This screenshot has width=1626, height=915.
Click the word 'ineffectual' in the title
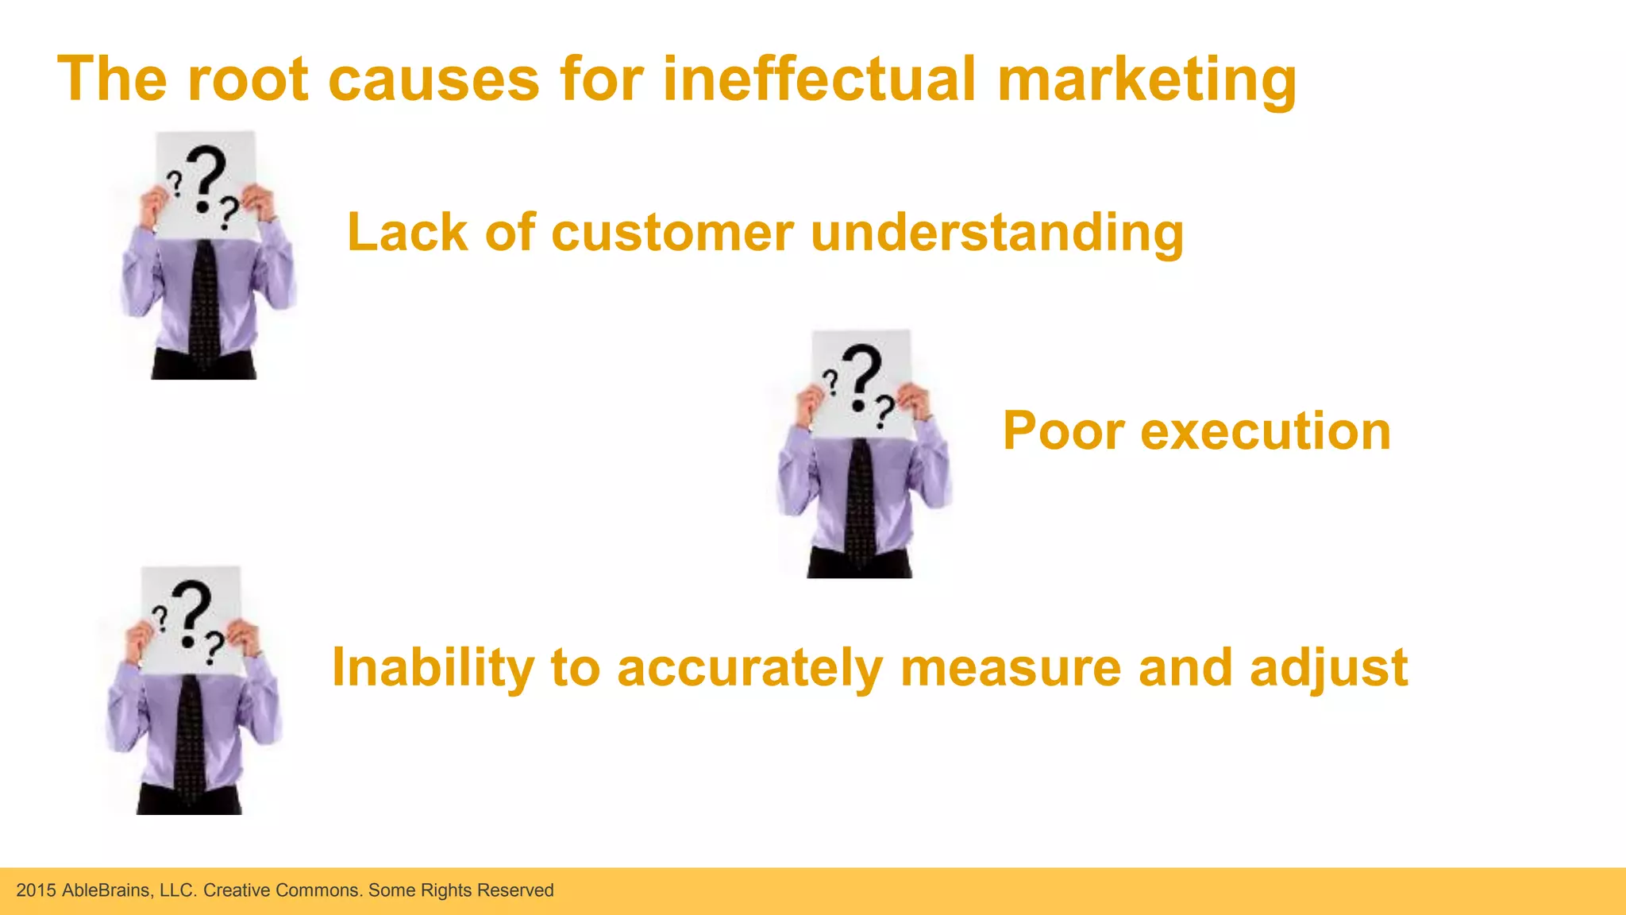click(x=819, y=79)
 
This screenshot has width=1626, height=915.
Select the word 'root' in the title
click(x=248, y=79)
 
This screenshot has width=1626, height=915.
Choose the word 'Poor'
click(x=1063, y=431)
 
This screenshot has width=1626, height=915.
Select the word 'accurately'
click(x=749, y=668)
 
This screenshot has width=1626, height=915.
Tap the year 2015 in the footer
click(x=36, y=890)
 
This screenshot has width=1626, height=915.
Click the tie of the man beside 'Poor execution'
click(x=860, y=500)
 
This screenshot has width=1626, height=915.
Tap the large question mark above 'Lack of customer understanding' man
click(x=208, y=176)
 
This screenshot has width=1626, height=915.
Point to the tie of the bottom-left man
click(x=190, y=739)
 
